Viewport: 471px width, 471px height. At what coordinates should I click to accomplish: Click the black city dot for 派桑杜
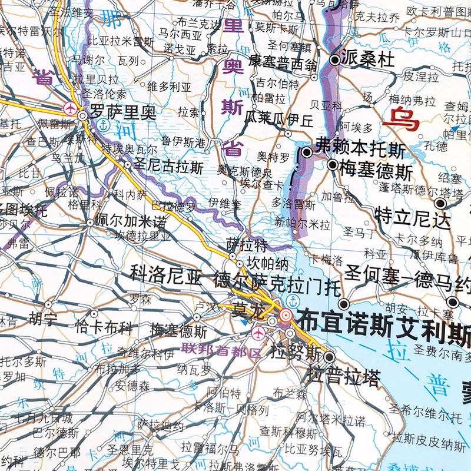coord(334,59)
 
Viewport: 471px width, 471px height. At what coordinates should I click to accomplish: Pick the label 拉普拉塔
coord(343,377)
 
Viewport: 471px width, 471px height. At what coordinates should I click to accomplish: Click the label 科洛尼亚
coord(165,274)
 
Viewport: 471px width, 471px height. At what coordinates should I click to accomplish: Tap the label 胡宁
coord(43,320)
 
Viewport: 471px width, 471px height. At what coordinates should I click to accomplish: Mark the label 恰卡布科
coord(104,327)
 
